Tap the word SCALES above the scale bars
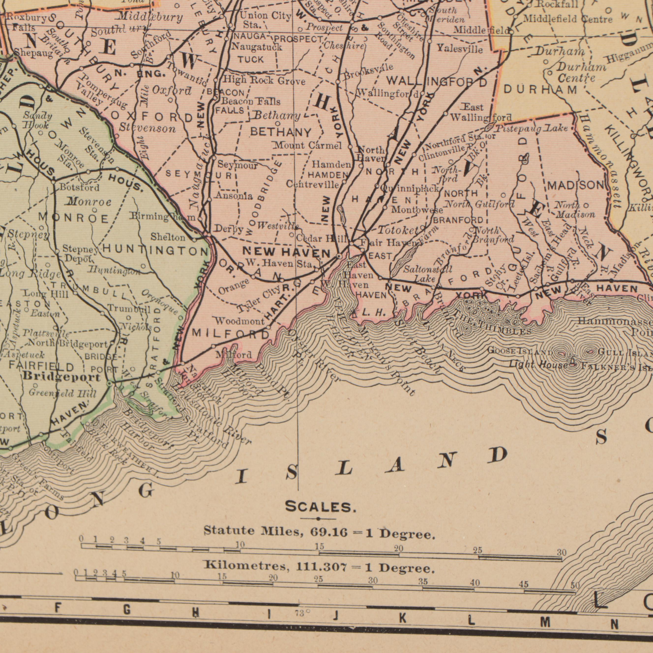click(320, 507)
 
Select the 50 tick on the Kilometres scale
click(575, 585)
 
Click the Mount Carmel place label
click(308, 146)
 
